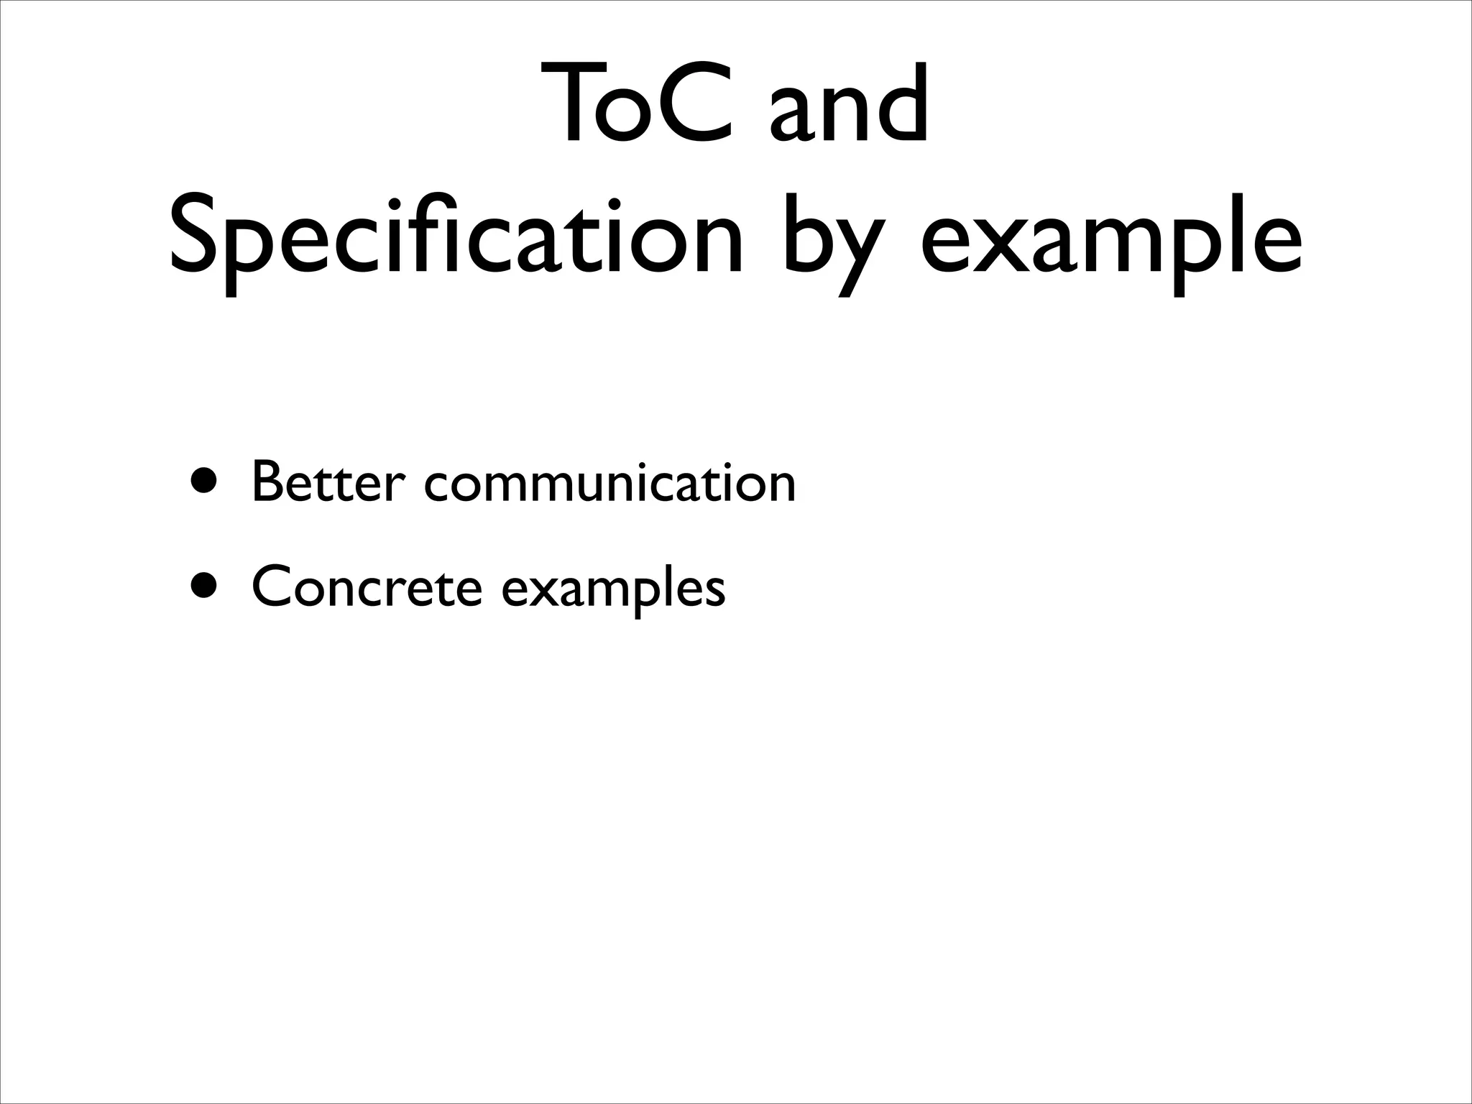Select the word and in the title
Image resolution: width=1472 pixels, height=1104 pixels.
[x=848, y=106]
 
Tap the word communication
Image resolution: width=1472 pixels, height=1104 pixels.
[x=610, y=483]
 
